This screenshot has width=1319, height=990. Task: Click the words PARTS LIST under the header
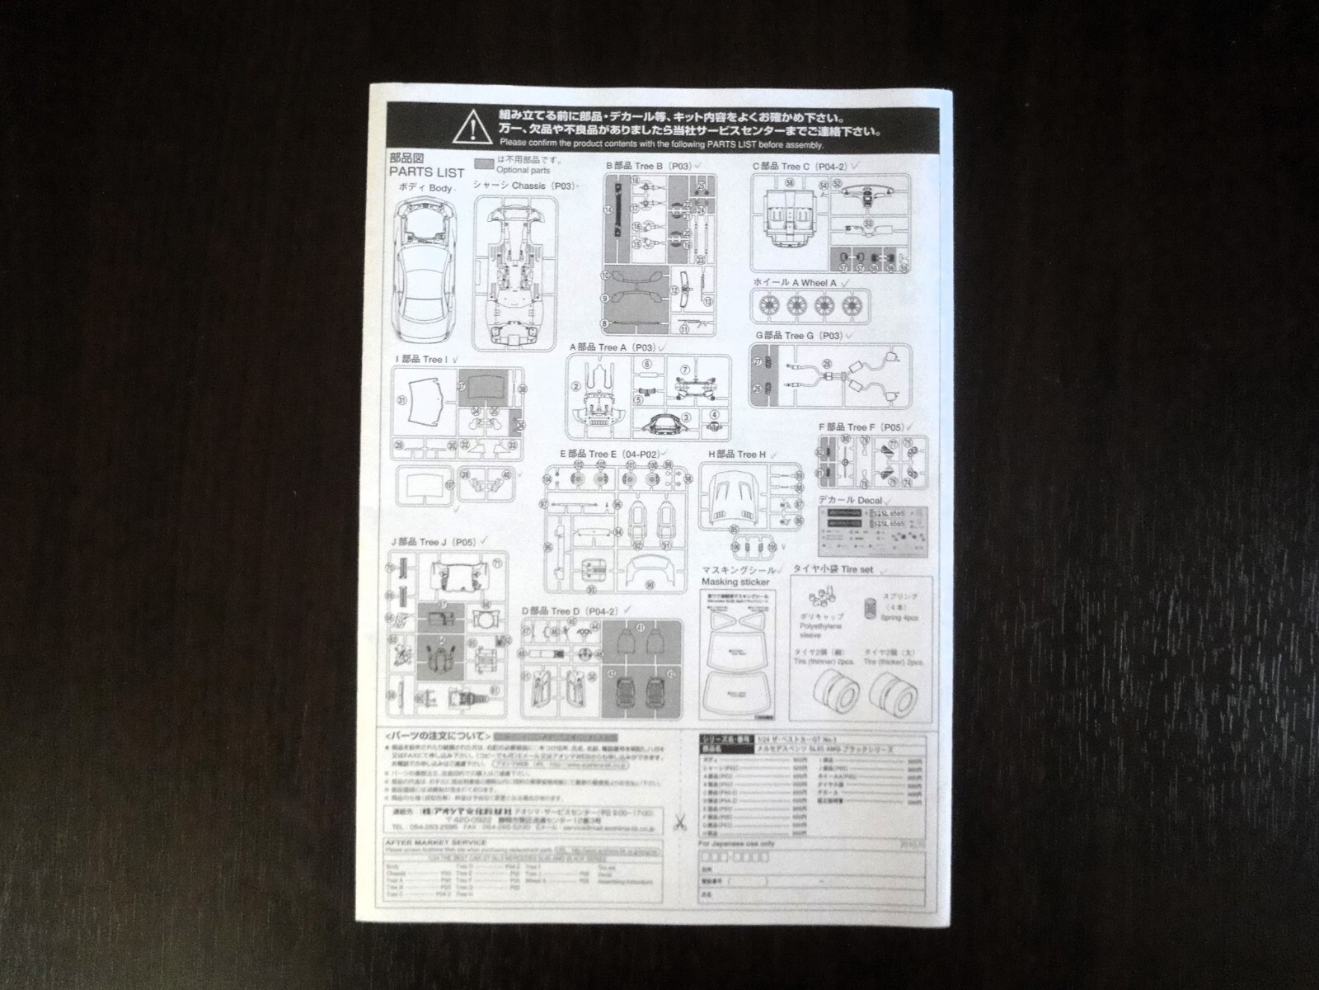pos(426,172)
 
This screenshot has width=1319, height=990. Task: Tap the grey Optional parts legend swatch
pos(485,162)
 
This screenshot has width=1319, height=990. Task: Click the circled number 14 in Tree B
pos(608,210)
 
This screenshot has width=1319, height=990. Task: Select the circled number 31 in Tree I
pos(403,400)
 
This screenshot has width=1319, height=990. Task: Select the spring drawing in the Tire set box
pos(870,608)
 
